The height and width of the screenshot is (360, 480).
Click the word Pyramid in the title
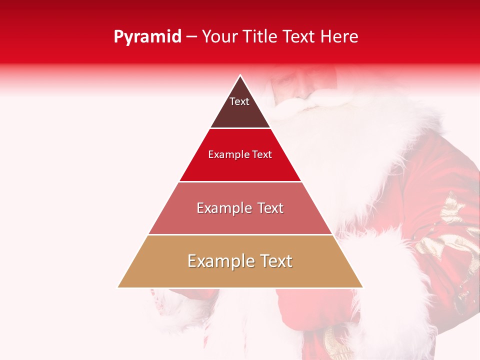(x=147, y=37)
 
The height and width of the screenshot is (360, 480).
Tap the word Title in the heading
(x=261, y=36)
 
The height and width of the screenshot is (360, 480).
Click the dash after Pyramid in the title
(x=191, y=37)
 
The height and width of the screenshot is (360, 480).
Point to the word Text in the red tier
(x=262, y=155)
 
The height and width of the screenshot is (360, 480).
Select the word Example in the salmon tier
(x=223, y=208)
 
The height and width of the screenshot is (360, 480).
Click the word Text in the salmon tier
(x=270, y=208)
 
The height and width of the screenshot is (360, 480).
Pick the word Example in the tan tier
(x=220, y=261)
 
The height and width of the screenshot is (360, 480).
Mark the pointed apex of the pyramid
(x=240, y=76)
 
